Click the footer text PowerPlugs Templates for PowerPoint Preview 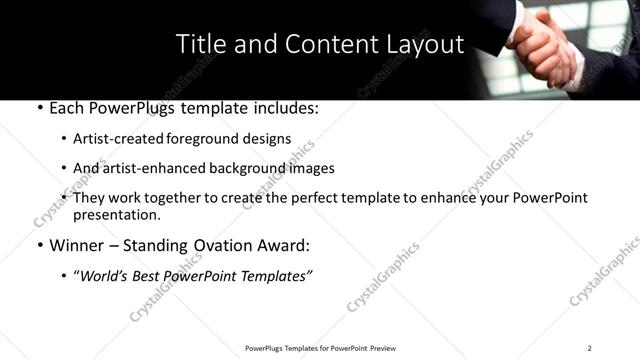pos(320,348)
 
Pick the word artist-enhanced pos(150,168)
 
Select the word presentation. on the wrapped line pos(116,215)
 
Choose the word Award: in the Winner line pos(286,245)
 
